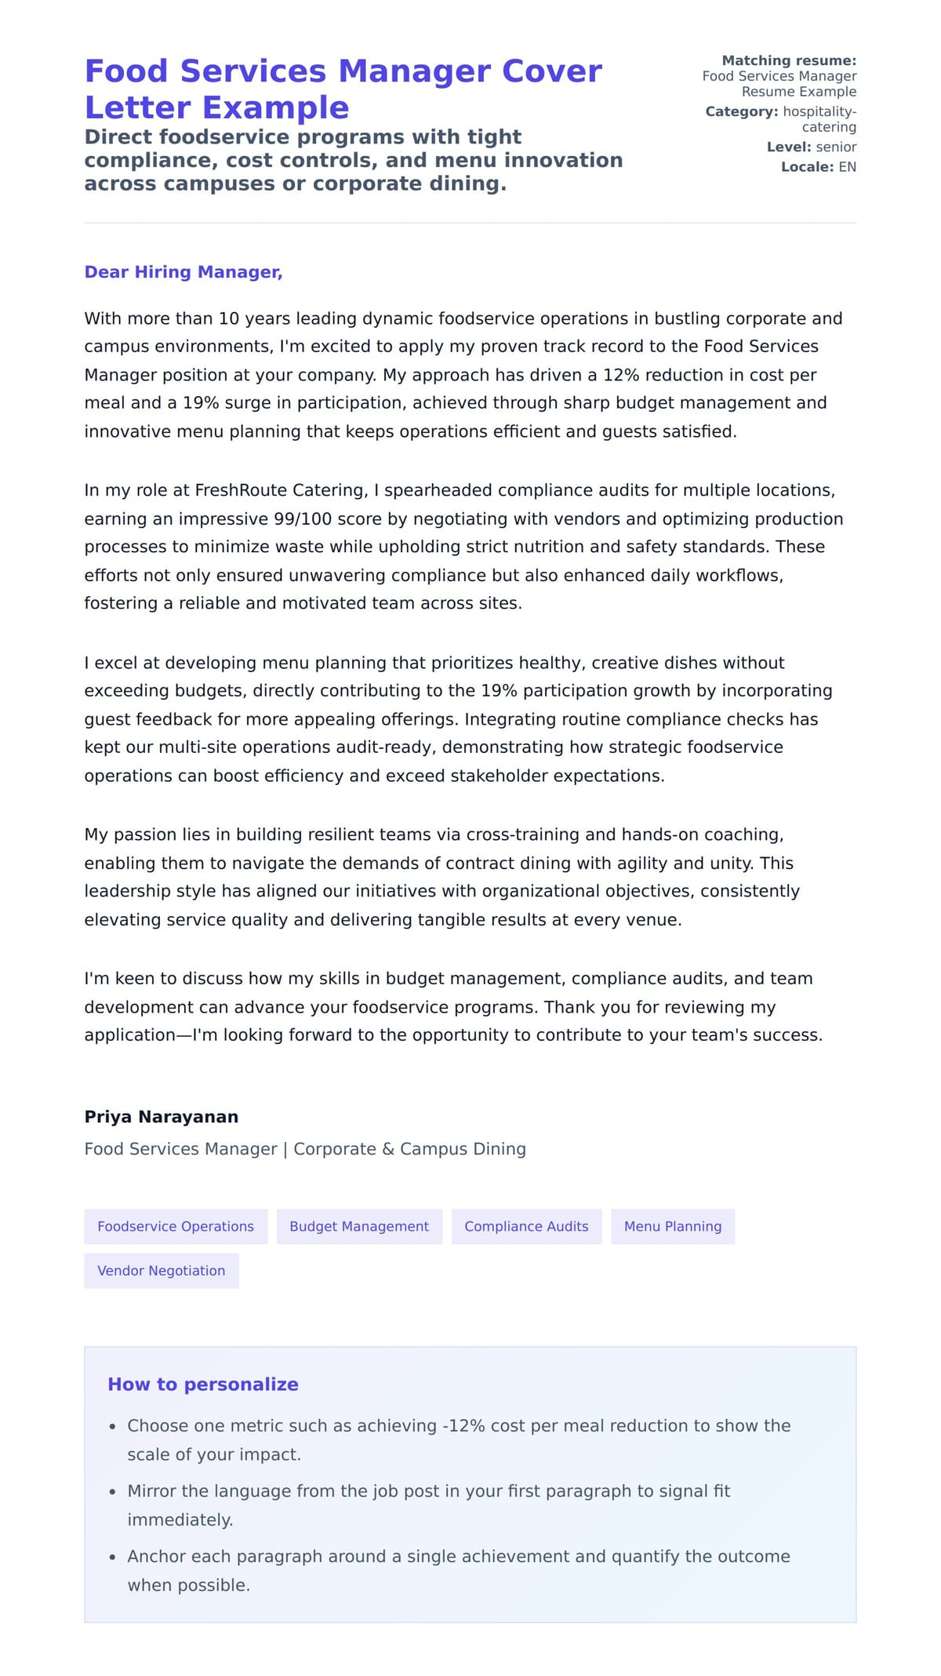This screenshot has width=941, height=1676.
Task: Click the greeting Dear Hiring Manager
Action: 183,272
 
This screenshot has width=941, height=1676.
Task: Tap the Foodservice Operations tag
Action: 176,1227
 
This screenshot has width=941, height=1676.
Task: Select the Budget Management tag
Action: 359,1227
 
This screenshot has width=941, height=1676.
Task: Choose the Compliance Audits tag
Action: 526,1227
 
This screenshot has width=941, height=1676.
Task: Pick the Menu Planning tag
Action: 672,1227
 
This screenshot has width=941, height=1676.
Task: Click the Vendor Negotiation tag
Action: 161,1271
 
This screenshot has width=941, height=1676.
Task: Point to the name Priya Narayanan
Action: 161,1117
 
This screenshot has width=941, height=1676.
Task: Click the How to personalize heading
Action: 202,1384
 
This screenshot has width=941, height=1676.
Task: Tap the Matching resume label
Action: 788,60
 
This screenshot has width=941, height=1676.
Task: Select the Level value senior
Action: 836,147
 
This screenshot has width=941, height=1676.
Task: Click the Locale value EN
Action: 847,167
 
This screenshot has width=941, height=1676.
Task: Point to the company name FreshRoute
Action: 241,491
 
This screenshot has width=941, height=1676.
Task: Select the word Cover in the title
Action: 551,71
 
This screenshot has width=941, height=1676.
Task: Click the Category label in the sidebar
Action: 741,111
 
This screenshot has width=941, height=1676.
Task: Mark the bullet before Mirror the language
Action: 113,1492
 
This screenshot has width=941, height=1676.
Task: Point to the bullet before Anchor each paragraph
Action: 113,1557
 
